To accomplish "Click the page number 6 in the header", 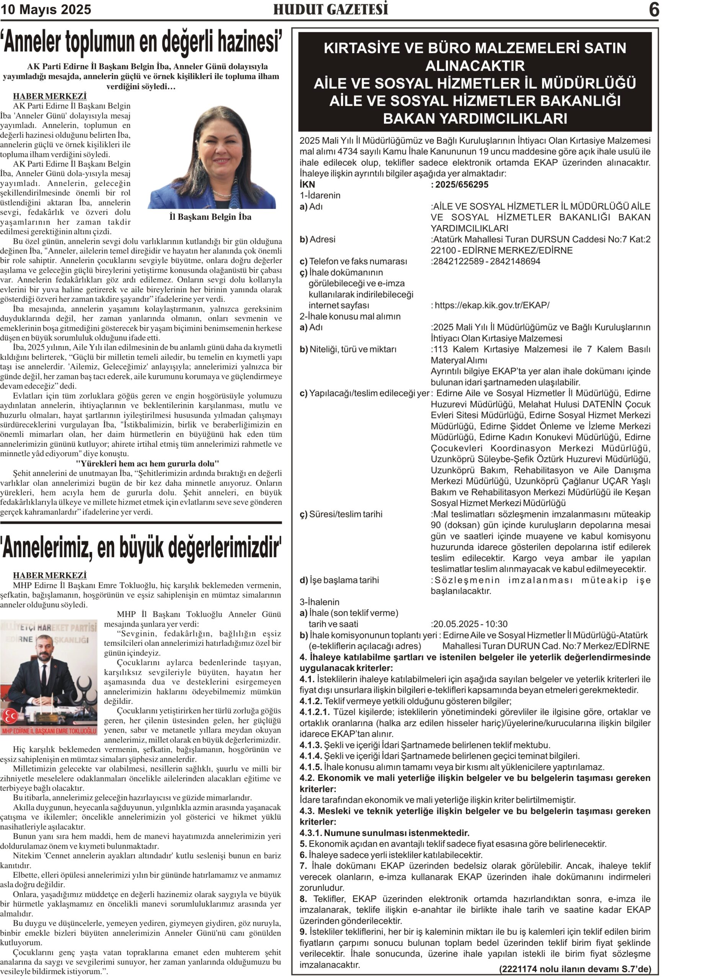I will click(x=654, y=10).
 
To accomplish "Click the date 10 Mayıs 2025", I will click(x=46, y=10).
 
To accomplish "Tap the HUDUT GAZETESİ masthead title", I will click(x=330, y=10).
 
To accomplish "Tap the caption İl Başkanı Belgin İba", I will click(x=211, y=217).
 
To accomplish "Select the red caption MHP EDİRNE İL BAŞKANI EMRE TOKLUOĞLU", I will click(x=49, y=731).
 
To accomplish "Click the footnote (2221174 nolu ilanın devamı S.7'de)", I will click(x=575, y=969).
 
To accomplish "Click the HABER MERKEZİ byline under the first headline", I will click(x=50, y=96).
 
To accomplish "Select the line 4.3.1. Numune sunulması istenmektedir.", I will click(x=384, y=833).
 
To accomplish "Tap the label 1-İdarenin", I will click(x=320, y=195).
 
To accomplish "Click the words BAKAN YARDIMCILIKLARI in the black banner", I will click(x=475, y=118).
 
